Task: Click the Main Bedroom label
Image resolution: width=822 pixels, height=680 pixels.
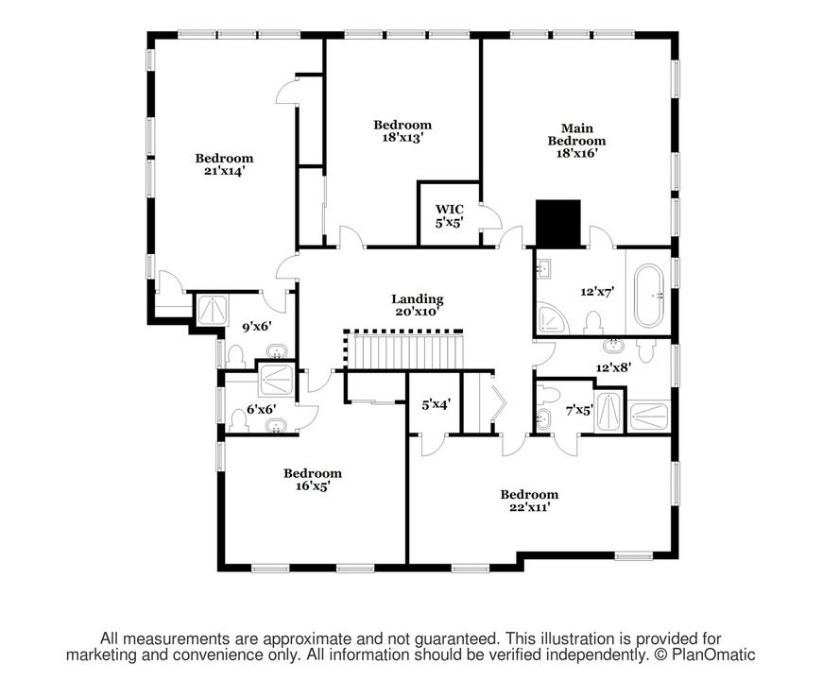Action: coord(576,135)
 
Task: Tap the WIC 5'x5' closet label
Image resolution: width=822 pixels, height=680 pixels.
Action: coord(450,216)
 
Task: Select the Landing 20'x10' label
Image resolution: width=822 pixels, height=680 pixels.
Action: coord(418,305)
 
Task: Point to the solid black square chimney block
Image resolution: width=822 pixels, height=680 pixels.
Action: coord(557,223)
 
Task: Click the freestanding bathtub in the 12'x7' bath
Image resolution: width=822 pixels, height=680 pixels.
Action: coord(649,296)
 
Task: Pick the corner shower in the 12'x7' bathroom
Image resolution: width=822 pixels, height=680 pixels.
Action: coord(553,318)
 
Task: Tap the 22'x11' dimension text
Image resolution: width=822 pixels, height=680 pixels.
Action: coord(529,507)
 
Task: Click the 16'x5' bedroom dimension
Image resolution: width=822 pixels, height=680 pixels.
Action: coord(313,486)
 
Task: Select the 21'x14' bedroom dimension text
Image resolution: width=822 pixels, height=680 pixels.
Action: coord(224,171)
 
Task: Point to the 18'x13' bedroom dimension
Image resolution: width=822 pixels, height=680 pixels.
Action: coord(402,137)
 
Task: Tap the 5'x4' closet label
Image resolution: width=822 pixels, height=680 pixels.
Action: coord(437,404)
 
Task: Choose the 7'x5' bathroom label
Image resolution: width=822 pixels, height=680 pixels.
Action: coord(579,410)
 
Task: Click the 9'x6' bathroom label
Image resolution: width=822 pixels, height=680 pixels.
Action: coord(256,327)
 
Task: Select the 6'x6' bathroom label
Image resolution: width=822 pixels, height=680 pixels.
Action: coord(262,409)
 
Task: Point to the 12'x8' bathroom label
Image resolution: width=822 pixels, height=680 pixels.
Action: coord(613,367)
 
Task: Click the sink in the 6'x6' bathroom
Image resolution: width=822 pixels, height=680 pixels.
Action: coord(276,426)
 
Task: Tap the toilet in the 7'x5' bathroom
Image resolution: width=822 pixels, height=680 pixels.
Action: coord(549,393)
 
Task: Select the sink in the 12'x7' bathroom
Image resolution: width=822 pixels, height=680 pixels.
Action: coord(543,269)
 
